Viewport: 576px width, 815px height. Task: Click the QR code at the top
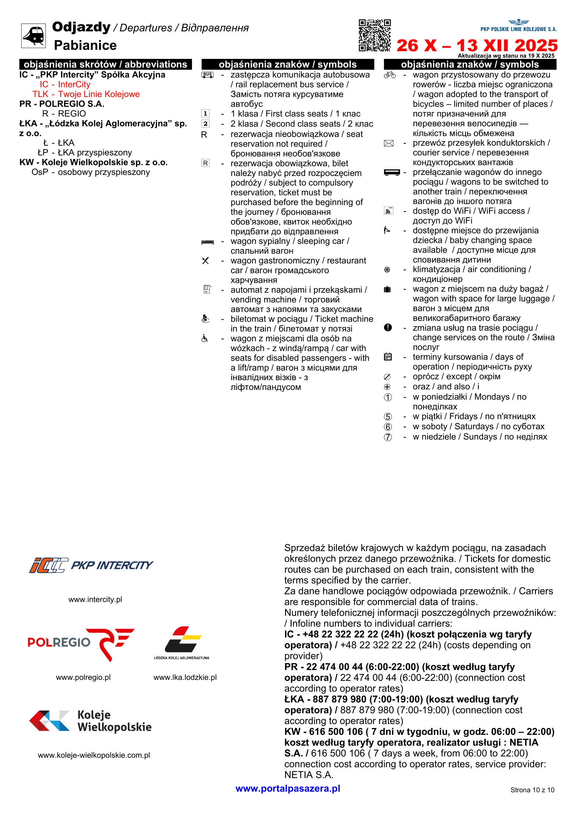(x=375, y=36)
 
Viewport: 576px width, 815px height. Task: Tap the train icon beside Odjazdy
(x=33, y=36)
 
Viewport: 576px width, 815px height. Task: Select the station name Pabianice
(x=85, y=45)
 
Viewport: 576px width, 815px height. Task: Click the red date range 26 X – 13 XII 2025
(x=477, y=45)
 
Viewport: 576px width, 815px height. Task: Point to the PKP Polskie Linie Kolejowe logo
(x=519, y=26)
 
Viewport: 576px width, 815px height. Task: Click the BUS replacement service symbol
(x=208, y=75)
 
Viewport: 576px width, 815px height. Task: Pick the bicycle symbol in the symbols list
(x=390, y=75)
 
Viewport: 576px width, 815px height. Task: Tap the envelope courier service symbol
(x=389, y=143)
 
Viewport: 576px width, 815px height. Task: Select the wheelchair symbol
(x=205, y=338)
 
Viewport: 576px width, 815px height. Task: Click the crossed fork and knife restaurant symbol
(x=205, y=261)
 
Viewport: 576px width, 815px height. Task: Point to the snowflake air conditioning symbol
(x=387, y=270)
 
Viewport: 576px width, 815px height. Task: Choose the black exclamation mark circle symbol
(x=388, y=327)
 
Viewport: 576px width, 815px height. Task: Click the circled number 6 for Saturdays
(x=388, y=427)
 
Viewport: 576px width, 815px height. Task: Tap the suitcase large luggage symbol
(x=387, y=289)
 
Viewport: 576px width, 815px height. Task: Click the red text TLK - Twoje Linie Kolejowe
(x=86, y=94)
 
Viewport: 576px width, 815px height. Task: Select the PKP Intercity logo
(x=91, y=565)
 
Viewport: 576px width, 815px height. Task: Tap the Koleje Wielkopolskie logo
(x=90, y=721)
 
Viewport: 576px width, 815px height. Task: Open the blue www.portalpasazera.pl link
(x=287, y=789)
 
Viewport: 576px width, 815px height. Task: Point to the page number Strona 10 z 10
(x=532, y=790)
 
